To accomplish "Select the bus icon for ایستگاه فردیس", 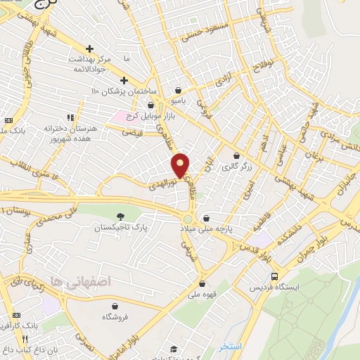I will coord(274,276).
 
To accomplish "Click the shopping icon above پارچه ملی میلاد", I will coord(205,218).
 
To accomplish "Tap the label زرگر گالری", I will coord(236,167).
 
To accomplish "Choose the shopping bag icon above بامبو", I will coord(179,90).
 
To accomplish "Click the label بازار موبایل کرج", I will coord(150,116).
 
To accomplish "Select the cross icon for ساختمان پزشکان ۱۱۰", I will coord(124,80).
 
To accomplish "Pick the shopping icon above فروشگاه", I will coord(115,306).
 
